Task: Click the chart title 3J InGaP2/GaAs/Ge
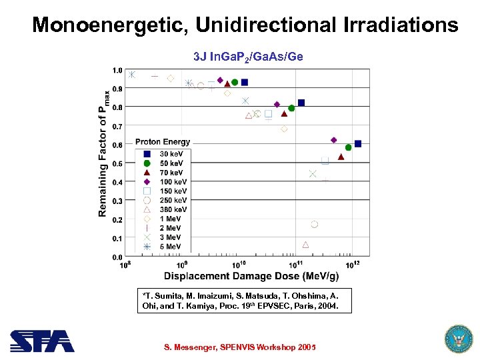248,57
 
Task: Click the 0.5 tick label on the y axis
116,163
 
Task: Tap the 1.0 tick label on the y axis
116,70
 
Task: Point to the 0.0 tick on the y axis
116,257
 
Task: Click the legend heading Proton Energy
163,141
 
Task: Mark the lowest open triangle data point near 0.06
305,245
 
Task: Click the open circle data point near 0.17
314,225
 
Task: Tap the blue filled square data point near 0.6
358,143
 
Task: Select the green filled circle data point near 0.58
348,147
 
